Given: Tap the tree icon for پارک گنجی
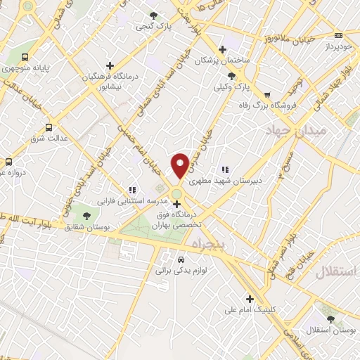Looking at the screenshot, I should tap(153, 16).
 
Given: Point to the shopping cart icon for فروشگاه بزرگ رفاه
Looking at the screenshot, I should tap(266, 95).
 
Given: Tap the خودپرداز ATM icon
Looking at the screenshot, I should tap(339, 35).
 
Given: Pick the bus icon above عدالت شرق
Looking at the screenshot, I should tap(49, 127).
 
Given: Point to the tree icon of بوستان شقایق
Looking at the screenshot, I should tap(86, 215).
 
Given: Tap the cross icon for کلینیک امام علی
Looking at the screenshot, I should tap(250, 298).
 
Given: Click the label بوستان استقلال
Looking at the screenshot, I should tap(330, 330).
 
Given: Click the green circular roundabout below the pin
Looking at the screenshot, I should tap(176, 194).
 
